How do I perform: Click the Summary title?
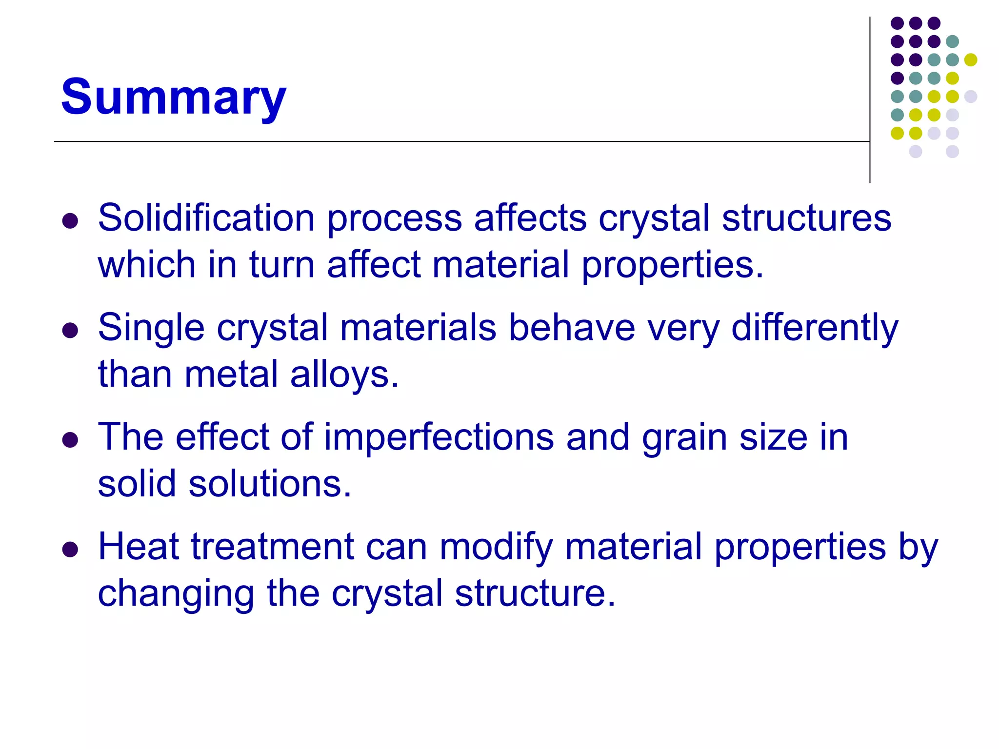[173, 98]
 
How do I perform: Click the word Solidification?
[206, 218]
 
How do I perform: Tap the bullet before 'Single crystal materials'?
[70, 330]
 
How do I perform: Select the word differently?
[815, 328]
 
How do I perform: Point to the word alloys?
[344, 374]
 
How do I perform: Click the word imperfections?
[439, 437]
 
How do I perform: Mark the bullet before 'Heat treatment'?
[70, 550]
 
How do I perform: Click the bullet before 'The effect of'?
[70, 440]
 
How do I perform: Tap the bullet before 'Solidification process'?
[70, 221]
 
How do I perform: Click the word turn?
[282, 265]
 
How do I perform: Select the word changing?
[176, 594]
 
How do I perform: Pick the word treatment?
[273, 546]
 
